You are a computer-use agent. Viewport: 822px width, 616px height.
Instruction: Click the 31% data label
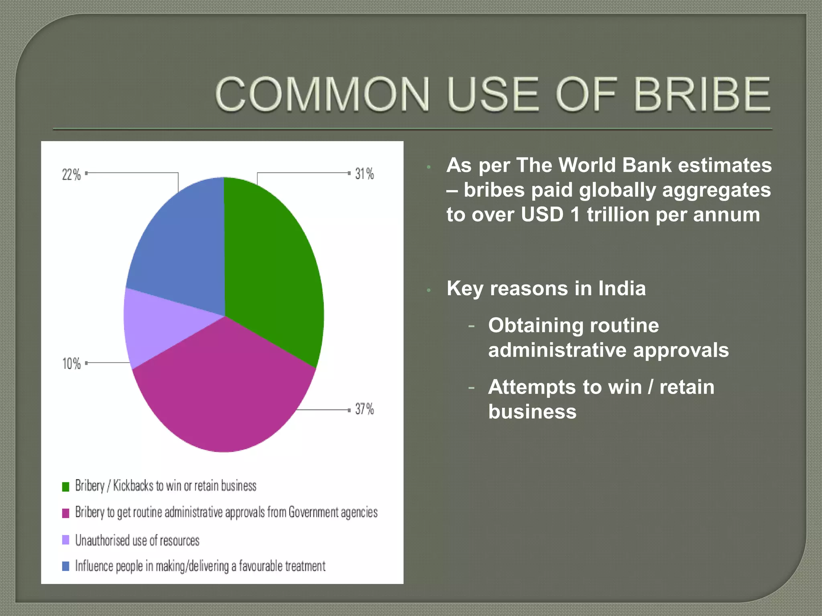pos(364,174)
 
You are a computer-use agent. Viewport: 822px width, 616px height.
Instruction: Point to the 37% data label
pos(364,409)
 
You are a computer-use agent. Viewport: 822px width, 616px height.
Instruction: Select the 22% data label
pos(71,174)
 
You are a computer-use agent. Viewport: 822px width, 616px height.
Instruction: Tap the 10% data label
pos(71,363)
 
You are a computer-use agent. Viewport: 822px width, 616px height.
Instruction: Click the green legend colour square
pos(66,486)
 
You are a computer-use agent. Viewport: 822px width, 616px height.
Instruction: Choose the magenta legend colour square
pos(66,513)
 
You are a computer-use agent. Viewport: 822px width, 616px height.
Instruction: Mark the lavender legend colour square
pos(66,540)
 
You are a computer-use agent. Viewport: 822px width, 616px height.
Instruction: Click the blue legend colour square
pos(66,566)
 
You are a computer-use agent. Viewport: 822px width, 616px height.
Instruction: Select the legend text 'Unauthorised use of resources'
pos(137,540)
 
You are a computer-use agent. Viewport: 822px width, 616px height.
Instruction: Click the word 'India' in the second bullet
pos(622,288)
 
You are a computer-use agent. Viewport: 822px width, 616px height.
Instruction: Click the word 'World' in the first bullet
pos(588,165)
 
